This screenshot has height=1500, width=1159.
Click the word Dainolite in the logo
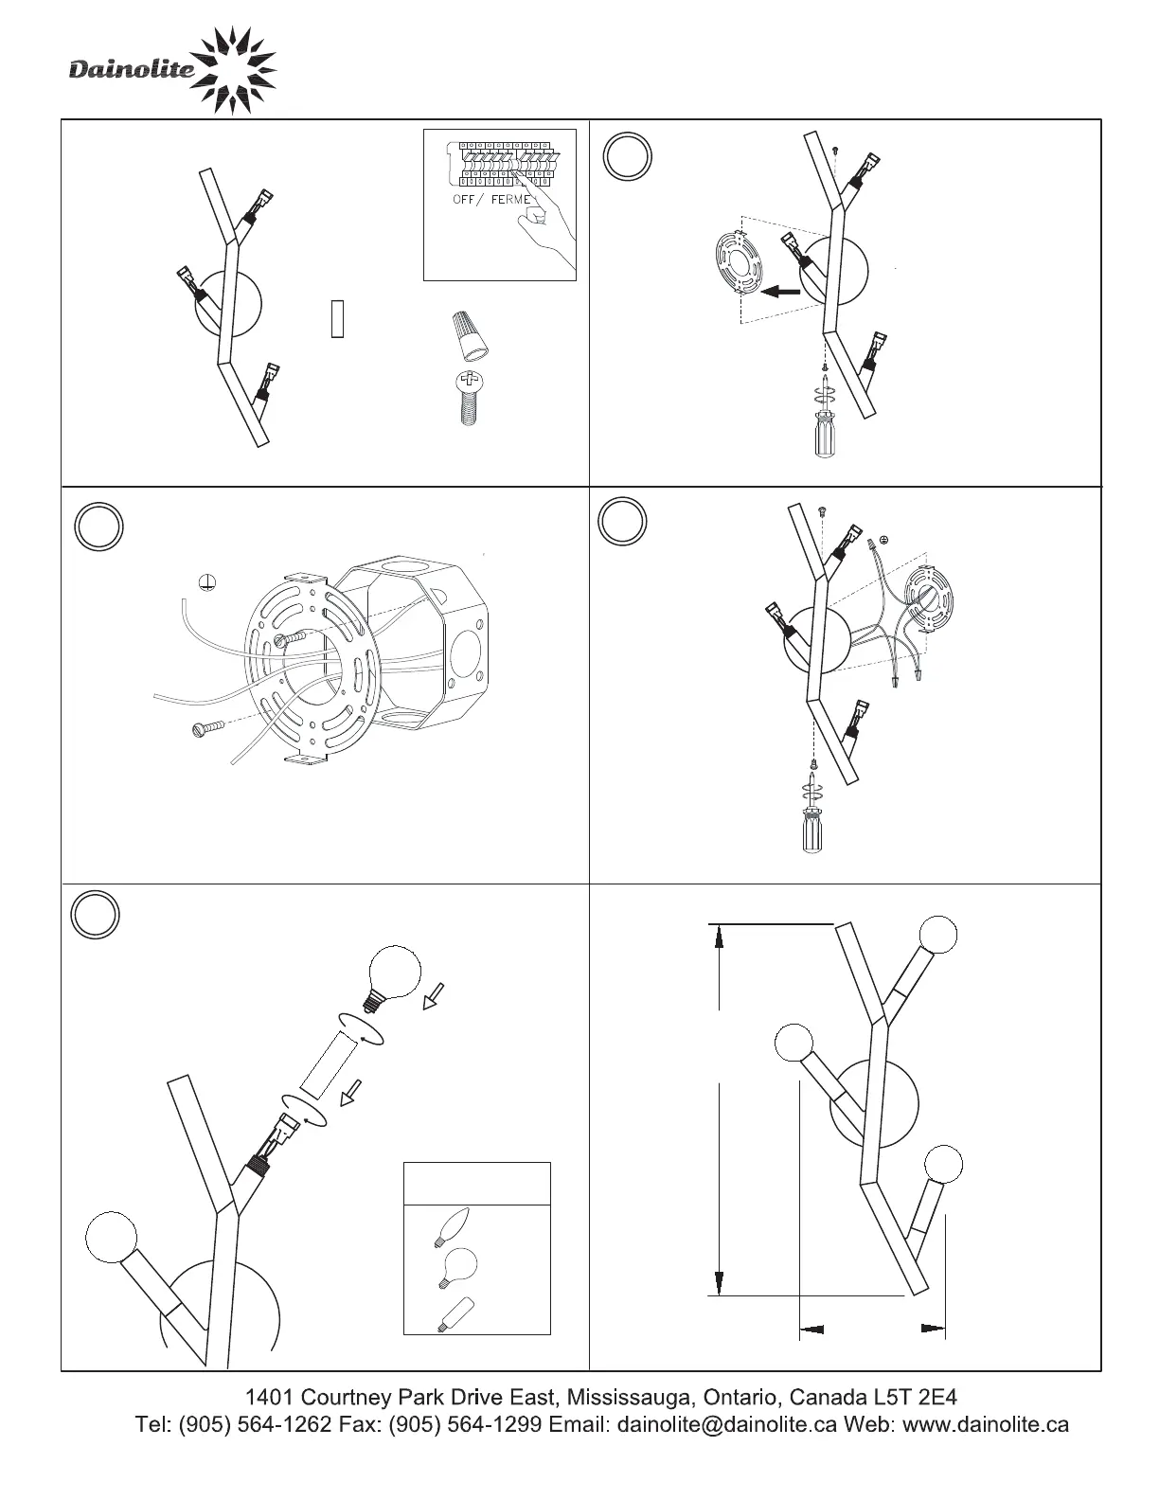point(132,69)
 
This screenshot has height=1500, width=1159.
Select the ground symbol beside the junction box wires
point(208,582)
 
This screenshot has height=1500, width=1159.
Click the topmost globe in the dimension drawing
point(937,936)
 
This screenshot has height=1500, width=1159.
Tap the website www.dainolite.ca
point(987,1424)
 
